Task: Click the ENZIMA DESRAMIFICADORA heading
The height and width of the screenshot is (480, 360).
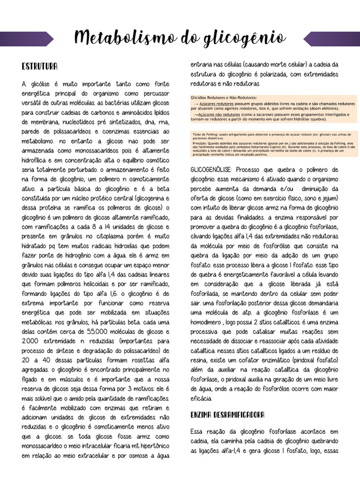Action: tap(227, 415)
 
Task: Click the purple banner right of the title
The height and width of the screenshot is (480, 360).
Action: tap(332, 39)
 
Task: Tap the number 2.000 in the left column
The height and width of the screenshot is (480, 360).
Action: tap(31, 341)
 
